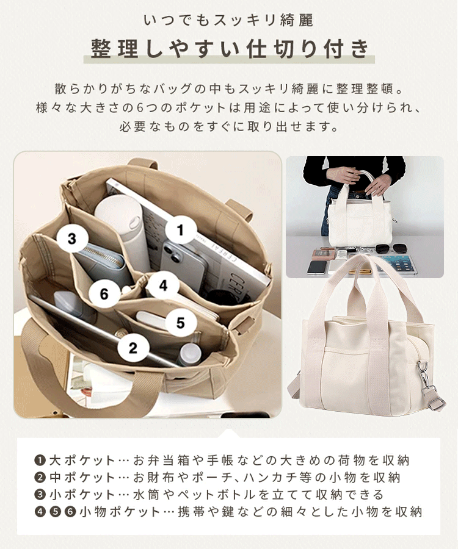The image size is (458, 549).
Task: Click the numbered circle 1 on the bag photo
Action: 180,230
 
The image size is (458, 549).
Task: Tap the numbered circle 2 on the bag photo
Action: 133,348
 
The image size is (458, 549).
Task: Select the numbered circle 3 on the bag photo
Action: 72,239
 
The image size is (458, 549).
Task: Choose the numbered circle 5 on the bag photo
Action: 180,323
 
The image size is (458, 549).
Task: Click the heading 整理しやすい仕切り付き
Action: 229,47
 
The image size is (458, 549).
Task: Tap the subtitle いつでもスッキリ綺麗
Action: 229,20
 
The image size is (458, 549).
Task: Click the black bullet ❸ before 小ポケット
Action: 40,494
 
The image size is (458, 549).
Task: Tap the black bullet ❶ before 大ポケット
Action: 40,460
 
